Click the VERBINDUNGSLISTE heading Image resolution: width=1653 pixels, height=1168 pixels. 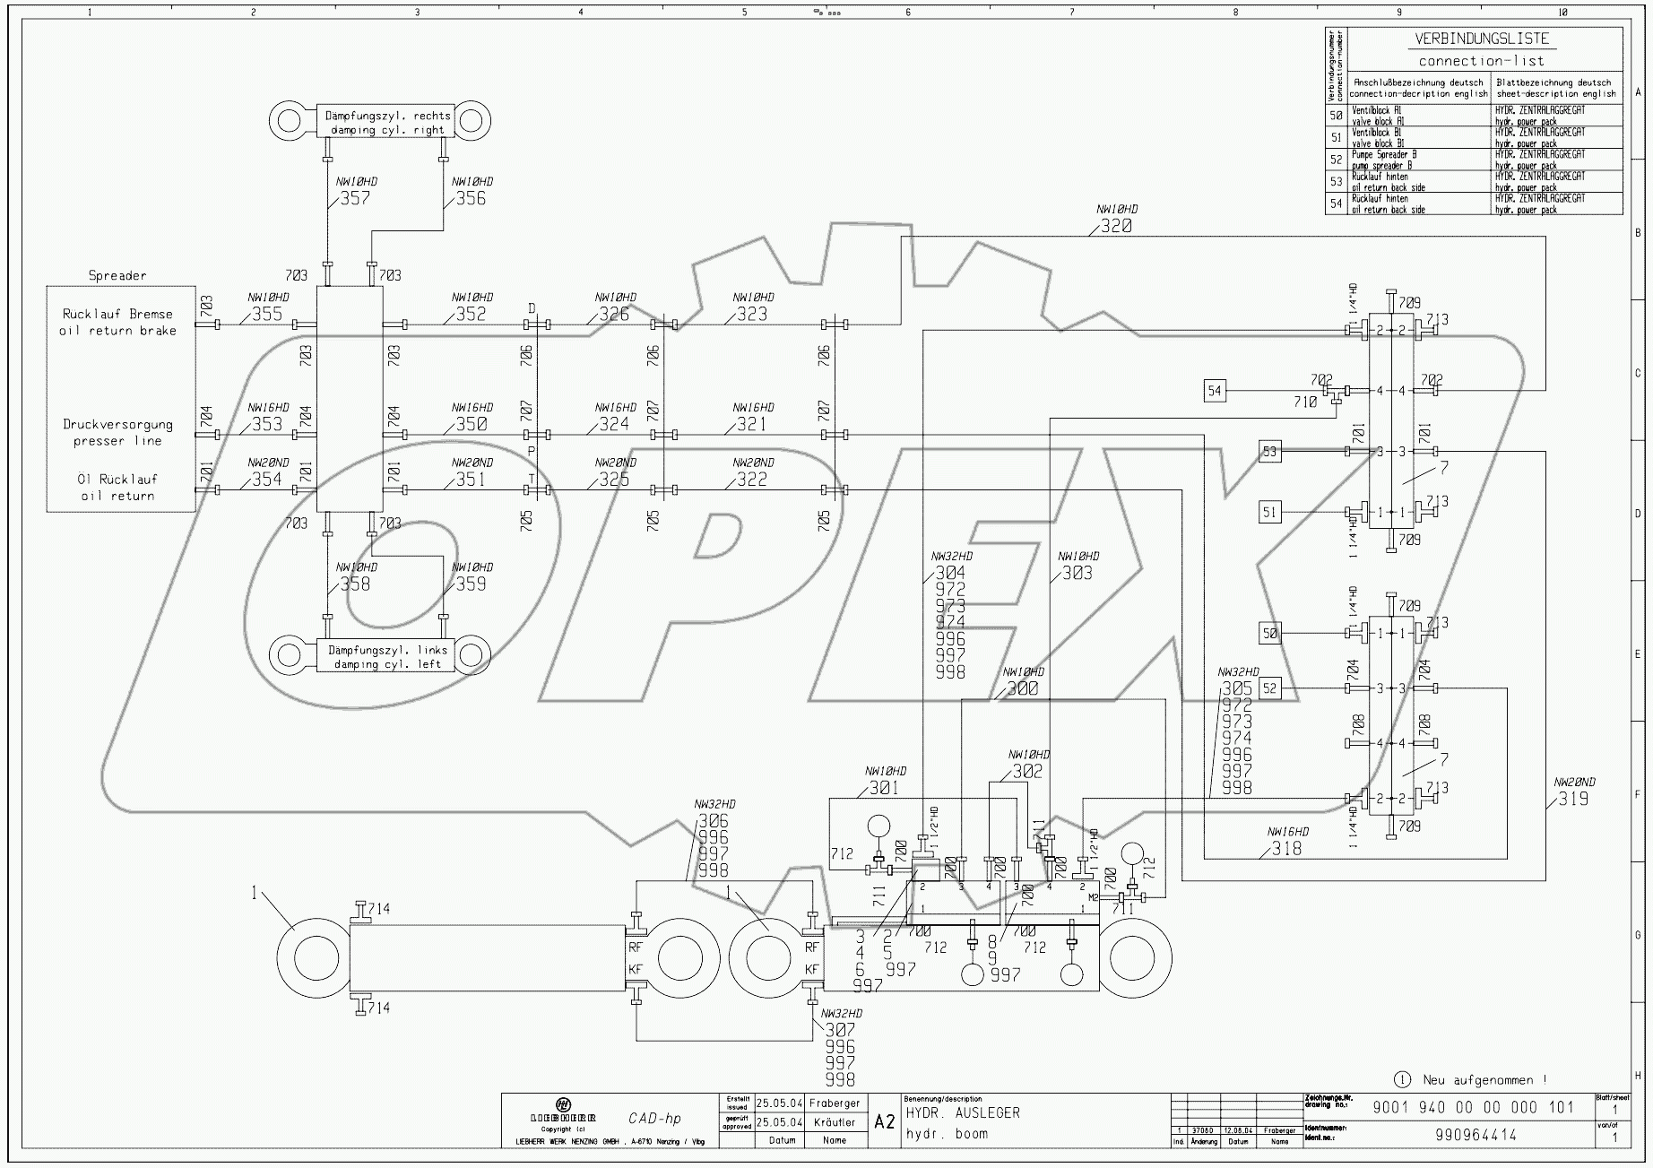(1481, 39)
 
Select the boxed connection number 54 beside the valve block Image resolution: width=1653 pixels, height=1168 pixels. (1215, 391)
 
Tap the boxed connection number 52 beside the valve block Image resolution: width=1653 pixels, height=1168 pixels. (1269, 688)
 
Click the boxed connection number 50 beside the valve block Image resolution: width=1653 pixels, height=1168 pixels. (1269, 634)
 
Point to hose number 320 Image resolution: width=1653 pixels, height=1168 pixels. (1115, 227)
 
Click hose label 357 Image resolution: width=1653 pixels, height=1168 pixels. (355, 198)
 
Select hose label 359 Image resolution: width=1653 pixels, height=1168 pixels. (471, 584)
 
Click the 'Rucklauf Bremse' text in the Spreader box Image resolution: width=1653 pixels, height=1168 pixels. (117, 314)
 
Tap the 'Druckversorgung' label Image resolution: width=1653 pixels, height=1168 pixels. (117, 425)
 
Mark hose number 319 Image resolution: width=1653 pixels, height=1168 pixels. (1573, 799)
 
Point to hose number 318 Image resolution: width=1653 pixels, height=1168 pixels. (1286, 848)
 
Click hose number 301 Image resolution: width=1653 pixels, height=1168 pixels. (884, 788)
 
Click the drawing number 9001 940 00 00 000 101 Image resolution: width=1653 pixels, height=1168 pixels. (1473, 1107)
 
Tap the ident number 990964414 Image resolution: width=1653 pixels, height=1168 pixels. (1476, 1135)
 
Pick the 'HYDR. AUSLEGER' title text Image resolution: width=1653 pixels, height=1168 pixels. (962, 1113)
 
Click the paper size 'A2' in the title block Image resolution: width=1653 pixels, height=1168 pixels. (884, 1122)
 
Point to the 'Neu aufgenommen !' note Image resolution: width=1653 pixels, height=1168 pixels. (1484, 1080)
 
